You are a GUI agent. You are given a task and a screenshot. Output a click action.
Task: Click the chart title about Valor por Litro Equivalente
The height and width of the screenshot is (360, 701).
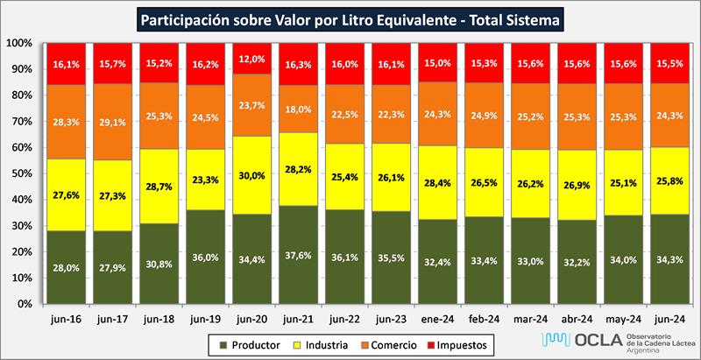350,18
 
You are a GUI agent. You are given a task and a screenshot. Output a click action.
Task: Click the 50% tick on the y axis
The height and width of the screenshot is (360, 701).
20,173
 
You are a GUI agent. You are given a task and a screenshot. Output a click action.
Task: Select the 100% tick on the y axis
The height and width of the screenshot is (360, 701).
18,43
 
